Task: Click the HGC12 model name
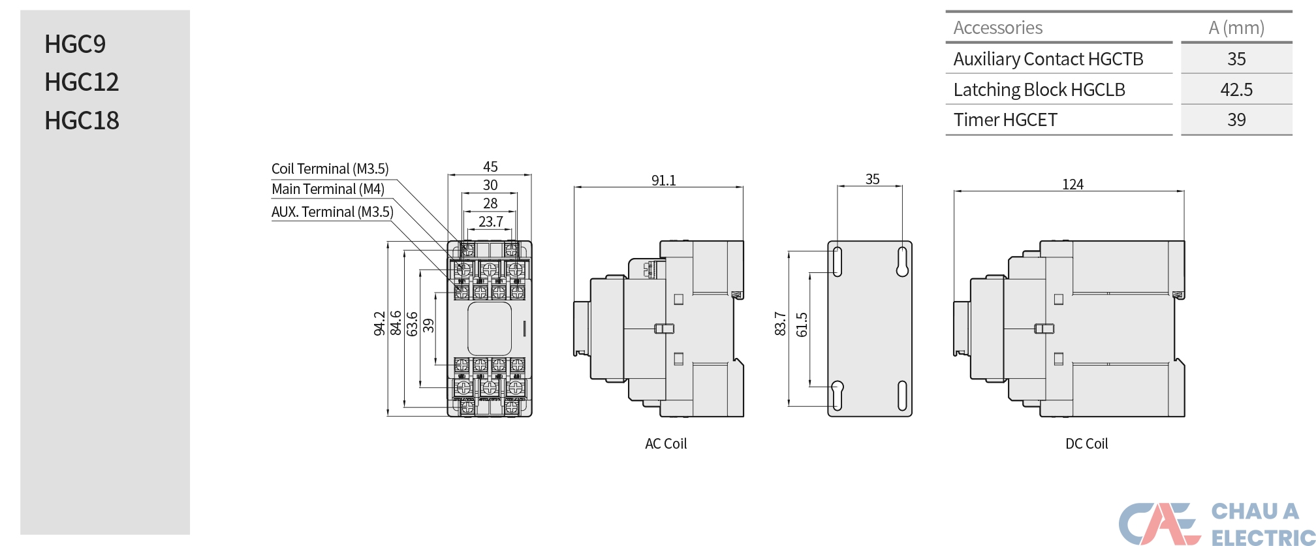click(x=82, y=82)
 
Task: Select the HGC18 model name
click(x=82, y=120)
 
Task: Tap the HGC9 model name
click(x=75, y=44)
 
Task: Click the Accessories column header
click(x=997, y=27)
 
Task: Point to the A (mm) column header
click(x=1236, y=27)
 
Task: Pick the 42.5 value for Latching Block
click(x=1236, y=89)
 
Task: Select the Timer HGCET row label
click(x=1005, y=120)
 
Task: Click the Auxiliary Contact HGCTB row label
click(x=1048, y=59)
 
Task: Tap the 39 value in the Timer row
click(x=1236, y=120)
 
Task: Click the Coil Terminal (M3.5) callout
click(x=330, y=169)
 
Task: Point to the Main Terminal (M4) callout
click(x=328, y=189)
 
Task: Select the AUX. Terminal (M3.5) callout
click(x=332, y=212)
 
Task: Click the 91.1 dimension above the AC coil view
click(x=663, y=180)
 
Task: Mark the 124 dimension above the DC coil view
click(x=1073, y=184)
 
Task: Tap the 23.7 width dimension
click(x=491, y=221)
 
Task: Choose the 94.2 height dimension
click(x=379, y=323)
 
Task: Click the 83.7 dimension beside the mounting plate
click(x=780, y=323)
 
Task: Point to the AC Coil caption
click(x=666, y=443)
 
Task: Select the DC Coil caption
click(x=1086, y=443)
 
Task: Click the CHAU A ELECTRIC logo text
click(x=1262, y=524)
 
